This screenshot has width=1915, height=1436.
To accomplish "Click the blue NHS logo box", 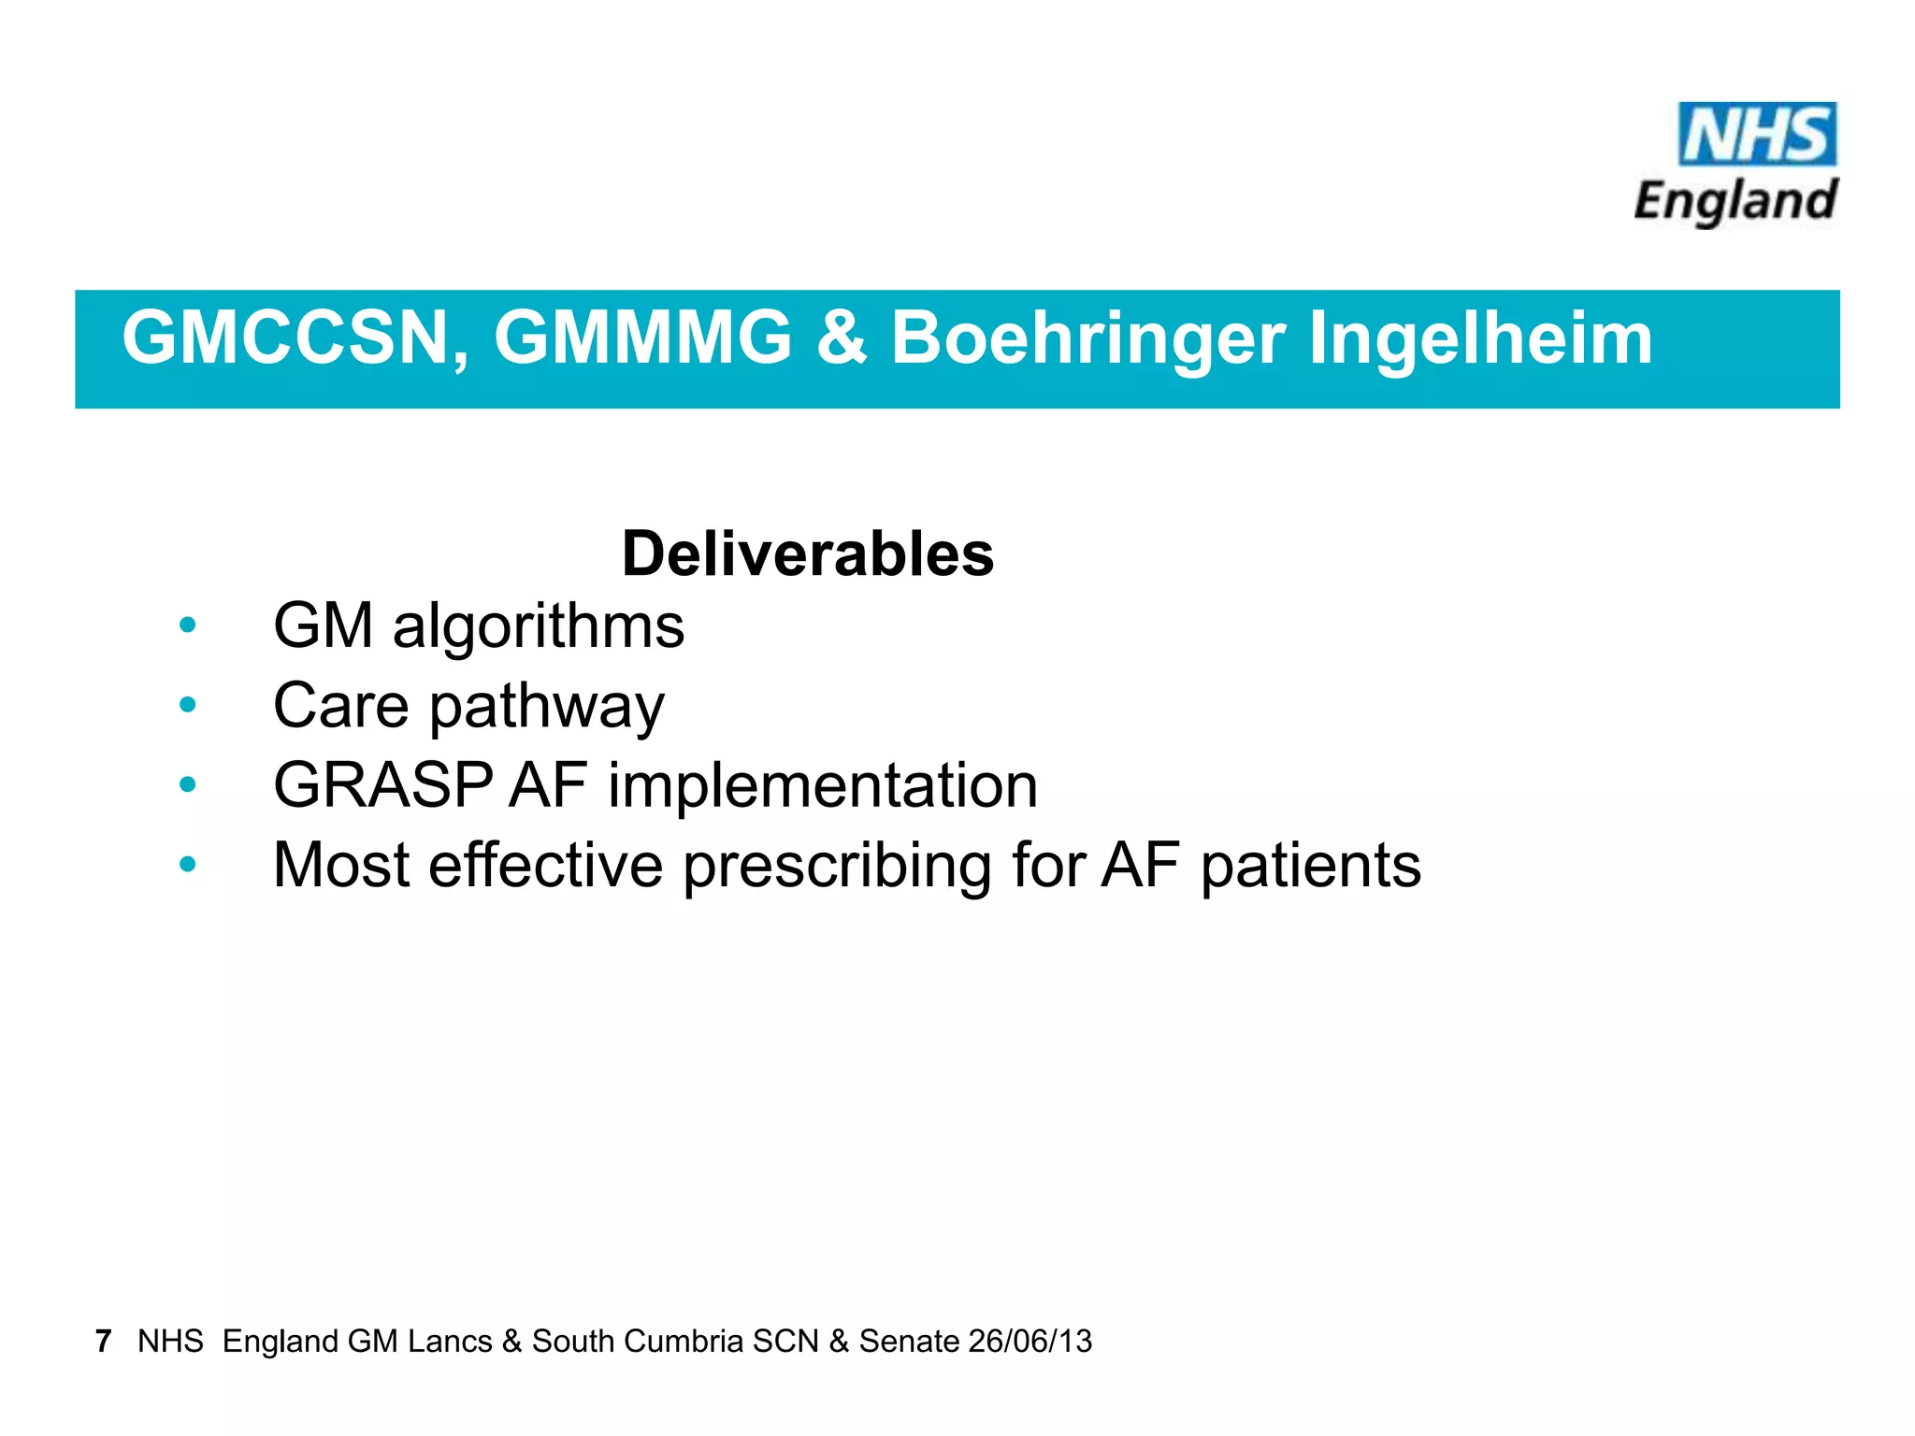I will click(1757, 135).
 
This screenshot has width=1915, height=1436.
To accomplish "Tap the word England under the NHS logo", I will click(1735, 201).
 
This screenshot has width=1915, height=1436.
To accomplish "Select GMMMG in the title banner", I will click(643, 338).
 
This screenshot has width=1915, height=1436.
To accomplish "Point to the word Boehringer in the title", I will click(1087, 338).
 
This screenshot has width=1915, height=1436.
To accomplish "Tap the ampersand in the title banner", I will click(841, 338).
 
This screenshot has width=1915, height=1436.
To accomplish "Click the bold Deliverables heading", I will click(808, 553).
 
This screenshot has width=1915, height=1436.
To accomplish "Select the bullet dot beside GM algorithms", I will click(188, 625).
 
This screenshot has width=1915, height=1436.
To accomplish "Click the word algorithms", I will click(539, 625).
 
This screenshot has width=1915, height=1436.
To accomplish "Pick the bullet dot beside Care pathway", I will click(188, 704).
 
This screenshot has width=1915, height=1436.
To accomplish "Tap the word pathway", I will click(547, 707).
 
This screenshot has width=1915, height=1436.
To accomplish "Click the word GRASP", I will click(382, 784).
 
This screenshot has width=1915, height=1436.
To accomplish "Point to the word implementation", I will click(823, 784).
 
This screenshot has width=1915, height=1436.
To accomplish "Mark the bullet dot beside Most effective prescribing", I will click(188, 864).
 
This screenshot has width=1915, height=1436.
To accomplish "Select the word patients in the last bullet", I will click(1311, 866).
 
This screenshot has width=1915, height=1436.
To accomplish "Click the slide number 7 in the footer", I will click(103, 1341).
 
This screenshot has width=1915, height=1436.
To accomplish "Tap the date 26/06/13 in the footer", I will click(1030, 1341).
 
